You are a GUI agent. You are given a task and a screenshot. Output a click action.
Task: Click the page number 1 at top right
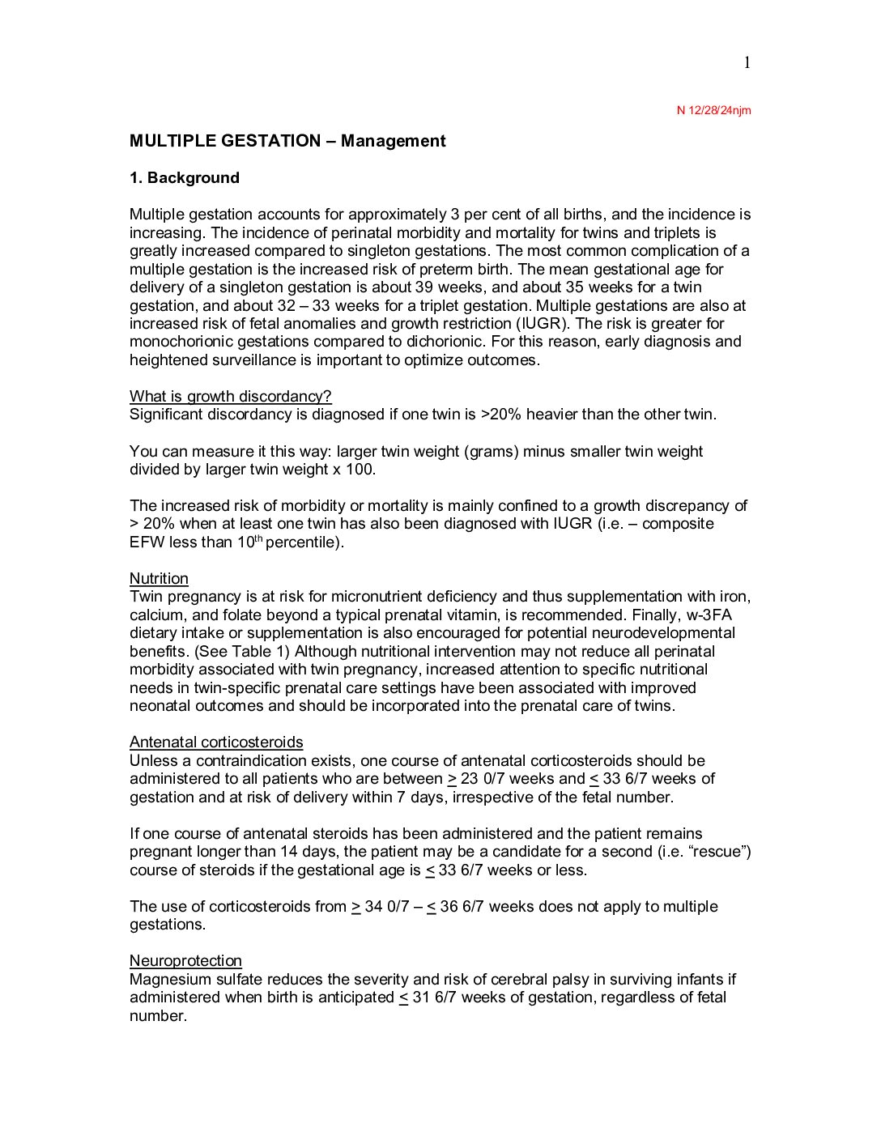coord(747,63)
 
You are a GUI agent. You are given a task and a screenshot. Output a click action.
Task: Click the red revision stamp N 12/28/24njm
coord(713,110)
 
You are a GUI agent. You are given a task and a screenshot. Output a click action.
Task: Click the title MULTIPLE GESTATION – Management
coord(287,141)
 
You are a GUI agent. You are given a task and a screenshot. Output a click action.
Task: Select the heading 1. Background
coord(185,178)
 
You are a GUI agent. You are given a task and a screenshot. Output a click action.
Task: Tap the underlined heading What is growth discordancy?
coord(231,396)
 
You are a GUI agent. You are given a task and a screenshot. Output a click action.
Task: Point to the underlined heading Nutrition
coord(159,578)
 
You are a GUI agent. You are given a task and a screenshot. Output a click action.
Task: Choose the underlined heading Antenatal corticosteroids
coord(216,742)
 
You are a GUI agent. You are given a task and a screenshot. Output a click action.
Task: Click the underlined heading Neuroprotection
coord(185,960)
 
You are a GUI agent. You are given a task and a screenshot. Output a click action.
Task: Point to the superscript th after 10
coord(260,538)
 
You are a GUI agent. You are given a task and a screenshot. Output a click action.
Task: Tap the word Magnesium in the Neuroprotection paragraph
coord(169,979)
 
